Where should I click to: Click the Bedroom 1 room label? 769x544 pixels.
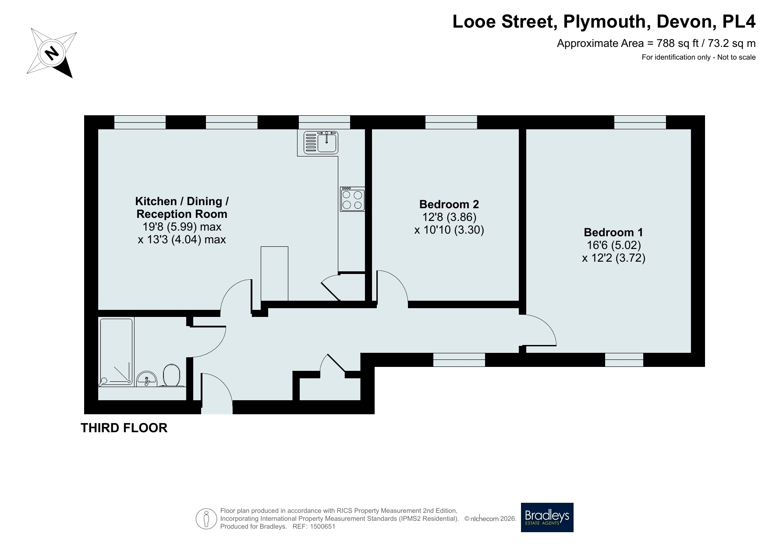[613, 232]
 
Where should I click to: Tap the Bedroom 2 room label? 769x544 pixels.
[449, 204]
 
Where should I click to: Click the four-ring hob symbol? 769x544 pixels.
[353, 199]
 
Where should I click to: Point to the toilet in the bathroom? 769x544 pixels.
[172, 376]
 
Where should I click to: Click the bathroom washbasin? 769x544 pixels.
[147, 379]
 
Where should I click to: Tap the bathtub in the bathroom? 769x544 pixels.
[116, 352]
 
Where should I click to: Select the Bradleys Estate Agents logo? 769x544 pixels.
[547, 517]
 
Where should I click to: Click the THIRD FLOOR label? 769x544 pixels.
[124, 428]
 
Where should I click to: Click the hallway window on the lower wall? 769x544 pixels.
[459, 359]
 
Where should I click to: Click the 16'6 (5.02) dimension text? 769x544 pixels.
[613, 245]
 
